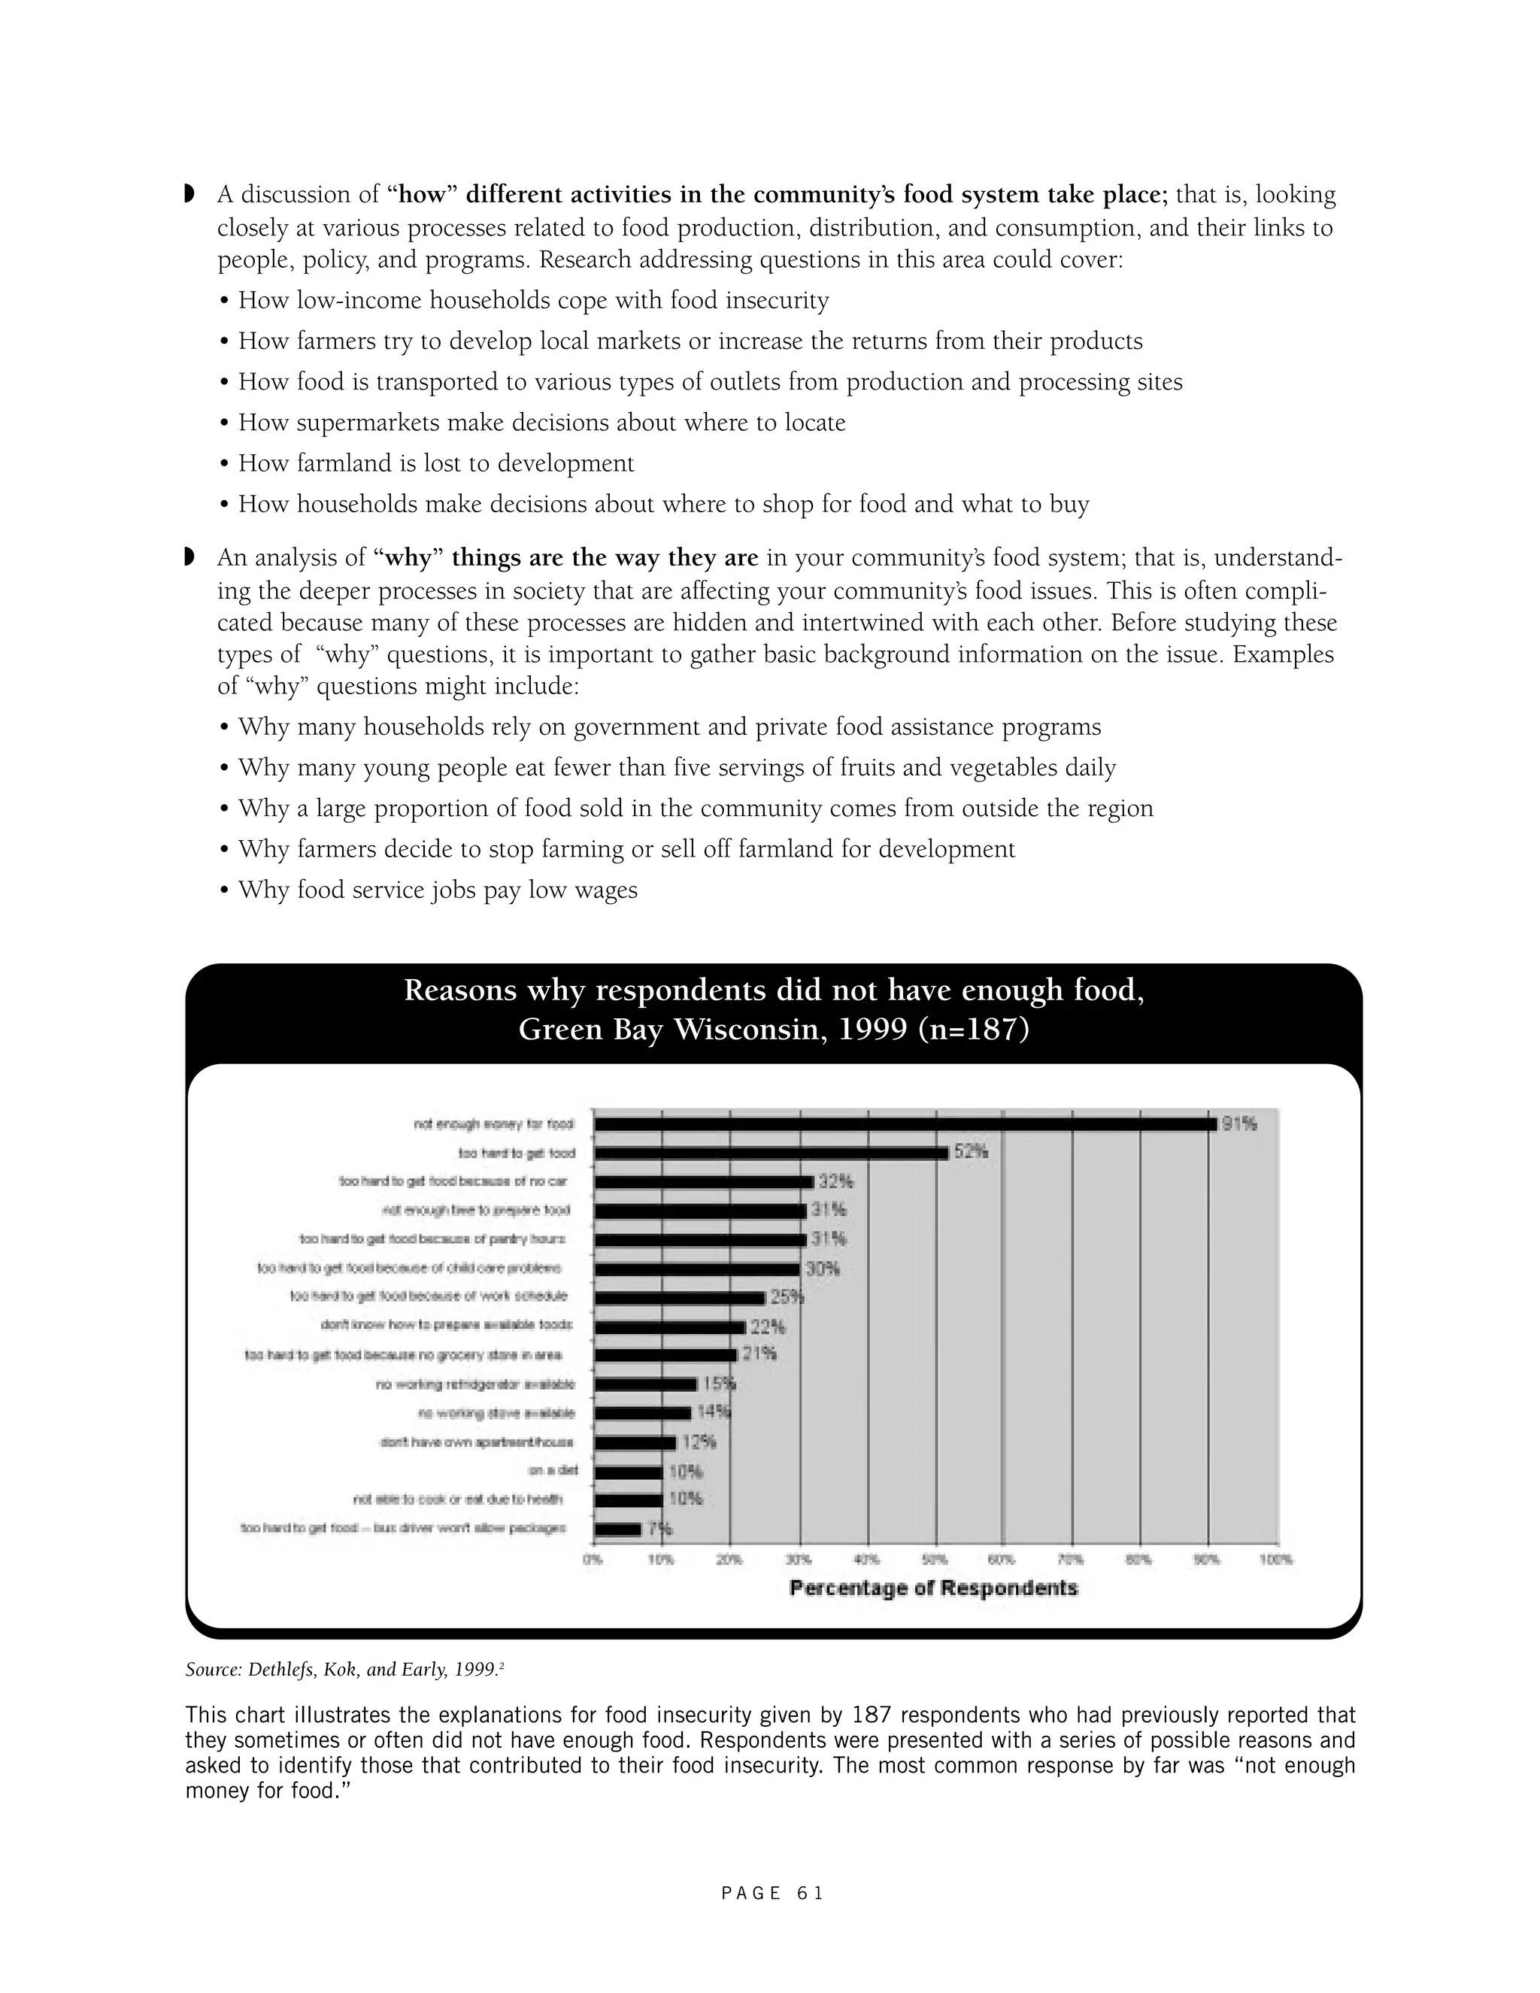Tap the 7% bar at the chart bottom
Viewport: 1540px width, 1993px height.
coord(617,1530)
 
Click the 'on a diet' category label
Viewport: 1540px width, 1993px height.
coord(553,1471)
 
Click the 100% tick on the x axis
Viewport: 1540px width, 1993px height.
coord(1276,1560)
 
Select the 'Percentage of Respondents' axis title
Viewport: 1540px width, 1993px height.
coord(933,1588)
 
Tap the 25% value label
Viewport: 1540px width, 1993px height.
coord(787,1297)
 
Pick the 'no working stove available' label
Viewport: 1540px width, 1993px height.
coord(496,1412)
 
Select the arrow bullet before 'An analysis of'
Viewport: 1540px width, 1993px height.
coord(189,557)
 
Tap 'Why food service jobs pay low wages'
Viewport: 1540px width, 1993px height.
coord(437,890)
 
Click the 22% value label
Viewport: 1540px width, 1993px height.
coord(767,1326)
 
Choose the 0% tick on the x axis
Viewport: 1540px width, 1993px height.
coord(593,1560)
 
